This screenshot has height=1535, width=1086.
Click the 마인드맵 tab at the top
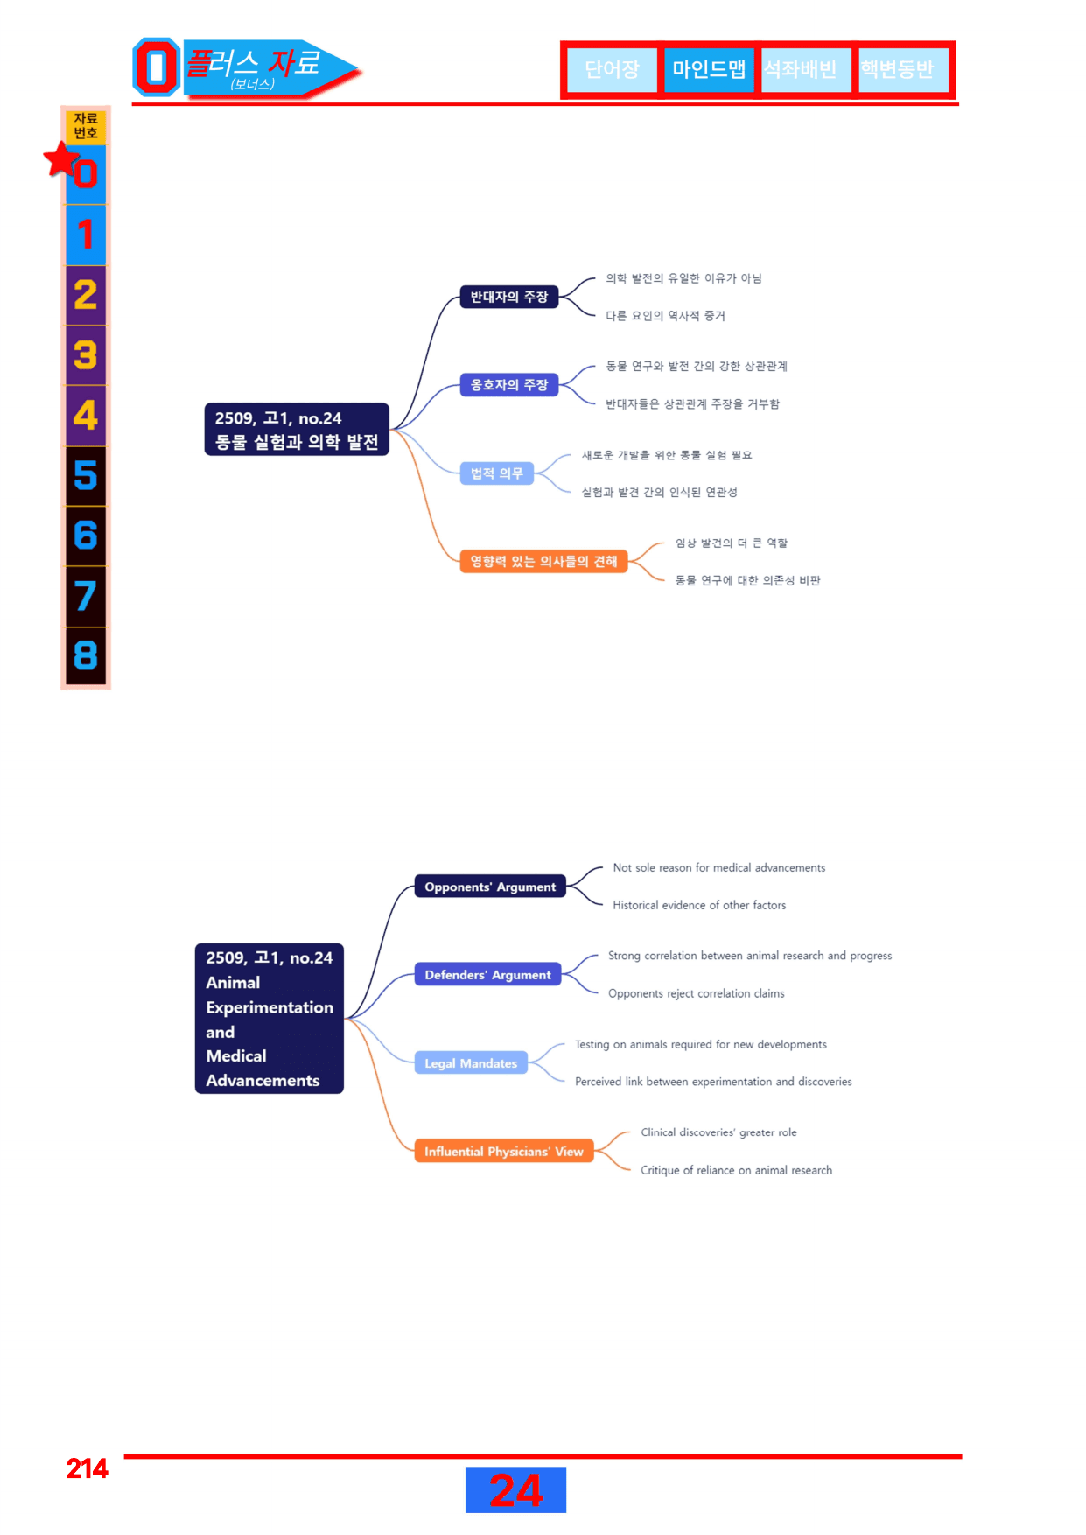(709, 69)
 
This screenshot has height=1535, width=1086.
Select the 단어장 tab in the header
(612, 69)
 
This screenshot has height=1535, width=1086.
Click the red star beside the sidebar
(61, 159)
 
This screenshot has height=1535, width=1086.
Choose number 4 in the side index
(86, 415)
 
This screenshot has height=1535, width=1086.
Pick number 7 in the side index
(86, 596)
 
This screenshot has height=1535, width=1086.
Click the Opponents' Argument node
(490, 887)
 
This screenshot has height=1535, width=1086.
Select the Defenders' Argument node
(487, 975)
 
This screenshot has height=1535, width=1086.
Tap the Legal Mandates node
(471, 1063)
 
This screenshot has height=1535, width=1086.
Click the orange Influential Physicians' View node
(504, 1152)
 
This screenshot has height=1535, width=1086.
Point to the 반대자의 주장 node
(509, 298)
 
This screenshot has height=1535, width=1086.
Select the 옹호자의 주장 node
(509, 385)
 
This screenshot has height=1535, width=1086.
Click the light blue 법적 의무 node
(497, 473)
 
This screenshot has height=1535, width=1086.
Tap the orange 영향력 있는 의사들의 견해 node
(543, 561)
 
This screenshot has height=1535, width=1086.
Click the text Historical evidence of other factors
(699, 905)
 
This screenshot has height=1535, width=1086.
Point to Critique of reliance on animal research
(736, 1170)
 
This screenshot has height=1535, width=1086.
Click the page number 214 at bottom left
(88, 1468)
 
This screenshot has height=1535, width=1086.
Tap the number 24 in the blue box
(516, 1490)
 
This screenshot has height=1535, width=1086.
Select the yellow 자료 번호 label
(86, 126)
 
